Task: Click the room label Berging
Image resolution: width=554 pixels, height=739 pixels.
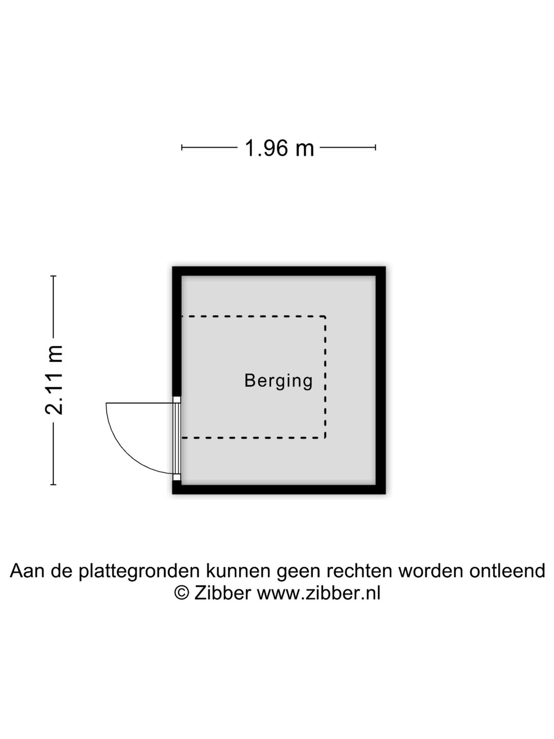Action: pos(278,381)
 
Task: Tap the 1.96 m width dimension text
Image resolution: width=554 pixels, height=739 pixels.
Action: pos(279,148)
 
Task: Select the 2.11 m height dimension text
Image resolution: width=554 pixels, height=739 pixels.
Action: pos(54,380)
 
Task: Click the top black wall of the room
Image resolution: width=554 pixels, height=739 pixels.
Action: pos(279,271)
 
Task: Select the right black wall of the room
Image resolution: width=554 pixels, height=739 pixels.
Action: pos(381,380)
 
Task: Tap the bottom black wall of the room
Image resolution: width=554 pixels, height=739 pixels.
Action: pos(279,489)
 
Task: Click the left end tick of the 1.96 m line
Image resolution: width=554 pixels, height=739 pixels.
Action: pos(182,147)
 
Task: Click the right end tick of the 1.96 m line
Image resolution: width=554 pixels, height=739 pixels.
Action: pos(375,147)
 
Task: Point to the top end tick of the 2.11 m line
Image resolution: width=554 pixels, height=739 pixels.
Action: pos(53,276)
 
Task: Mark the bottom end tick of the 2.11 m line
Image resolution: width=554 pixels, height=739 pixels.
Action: pos(53,484)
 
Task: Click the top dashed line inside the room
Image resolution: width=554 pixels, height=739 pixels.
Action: pos(253,317)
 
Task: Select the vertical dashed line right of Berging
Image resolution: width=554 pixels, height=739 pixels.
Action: pos(325,377)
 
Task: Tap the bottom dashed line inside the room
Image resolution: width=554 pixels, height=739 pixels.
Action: pos(253,438)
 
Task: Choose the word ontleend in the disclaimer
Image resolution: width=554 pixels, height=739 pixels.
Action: pos(507,571)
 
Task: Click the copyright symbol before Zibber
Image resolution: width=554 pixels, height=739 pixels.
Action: pos(182,593)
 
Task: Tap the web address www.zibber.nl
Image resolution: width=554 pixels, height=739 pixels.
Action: pos(319,593)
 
